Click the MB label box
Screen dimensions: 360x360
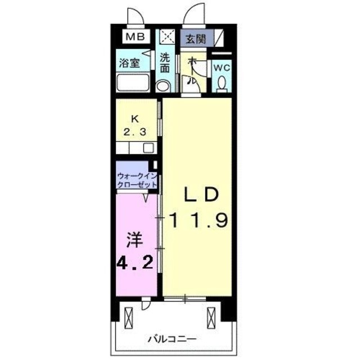click(x=134, y=37)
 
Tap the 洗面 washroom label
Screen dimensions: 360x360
click(x=165, y=62)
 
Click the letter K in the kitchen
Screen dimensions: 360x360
click(x=134, y=119)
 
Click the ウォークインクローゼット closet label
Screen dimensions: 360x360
click(x=137, y=179)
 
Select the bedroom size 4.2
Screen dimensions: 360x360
click(x=135, y=263)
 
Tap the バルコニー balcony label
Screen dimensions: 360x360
click(x=172, y=339)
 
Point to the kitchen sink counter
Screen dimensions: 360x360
click(x=137, y=148)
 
